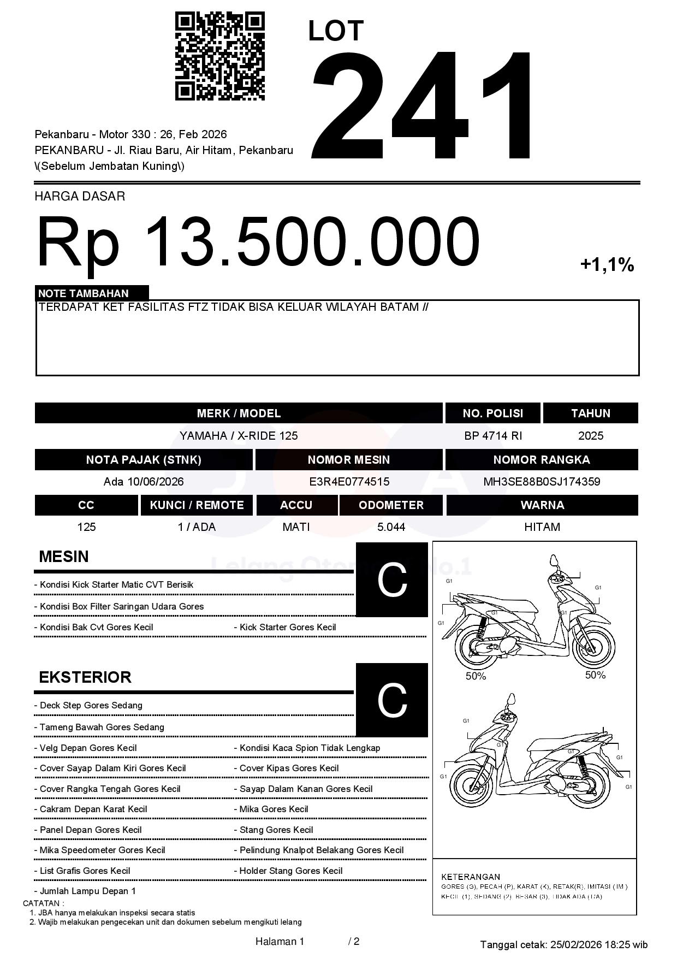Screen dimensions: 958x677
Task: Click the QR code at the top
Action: (x=219, y=57)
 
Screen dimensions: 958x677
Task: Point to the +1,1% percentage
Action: (x=607, y=265)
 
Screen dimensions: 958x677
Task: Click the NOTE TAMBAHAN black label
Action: (x=92, y=293)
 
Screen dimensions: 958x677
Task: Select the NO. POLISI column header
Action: (x=492, y=413)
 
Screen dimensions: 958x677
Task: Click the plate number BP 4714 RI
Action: (x=492, y=436)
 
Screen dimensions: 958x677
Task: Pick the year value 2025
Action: (x=590, y=436)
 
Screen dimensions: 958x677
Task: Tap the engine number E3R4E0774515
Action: (x=349, y=482)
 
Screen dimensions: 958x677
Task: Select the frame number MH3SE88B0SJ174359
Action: (x=542, y=482)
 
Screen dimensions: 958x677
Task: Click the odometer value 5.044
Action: (x=391, y=527)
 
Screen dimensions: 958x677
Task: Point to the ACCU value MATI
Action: (x=296, y=527)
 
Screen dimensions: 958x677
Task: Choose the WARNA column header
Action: (x=542, y=505)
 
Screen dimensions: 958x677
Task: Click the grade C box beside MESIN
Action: (x=391, y=580)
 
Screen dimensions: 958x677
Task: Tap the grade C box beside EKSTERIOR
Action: (x=391, y=700)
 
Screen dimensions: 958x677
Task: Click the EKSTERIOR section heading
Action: (x=85, y=677)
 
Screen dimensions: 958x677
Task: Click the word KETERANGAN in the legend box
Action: (x=471, y=877)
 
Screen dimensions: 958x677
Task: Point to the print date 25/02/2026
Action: (x=575, y=944)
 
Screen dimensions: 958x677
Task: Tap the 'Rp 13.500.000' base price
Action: (x=258, y=241)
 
